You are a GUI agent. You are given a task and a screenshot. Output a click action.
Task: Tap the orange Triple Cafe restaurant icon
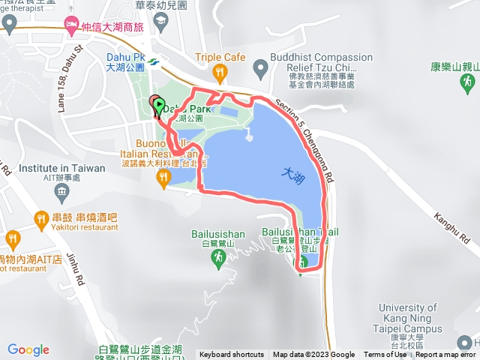coord(219,72)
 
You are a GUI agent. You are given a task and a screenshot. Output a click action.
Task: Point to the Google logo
coord(28,349)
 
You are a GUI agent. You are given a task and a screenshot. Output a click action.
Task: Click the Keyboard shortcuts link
coord(232,355)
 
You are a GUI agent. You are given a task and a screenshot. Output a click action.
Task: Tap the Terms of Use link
coord(385,355)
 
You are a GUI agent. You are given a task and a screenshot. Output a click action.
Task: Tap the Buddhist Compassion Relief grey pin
coord(260,70)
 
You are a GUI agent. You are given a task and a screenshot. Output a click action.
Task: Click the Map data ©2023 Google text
coord(313,355)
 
